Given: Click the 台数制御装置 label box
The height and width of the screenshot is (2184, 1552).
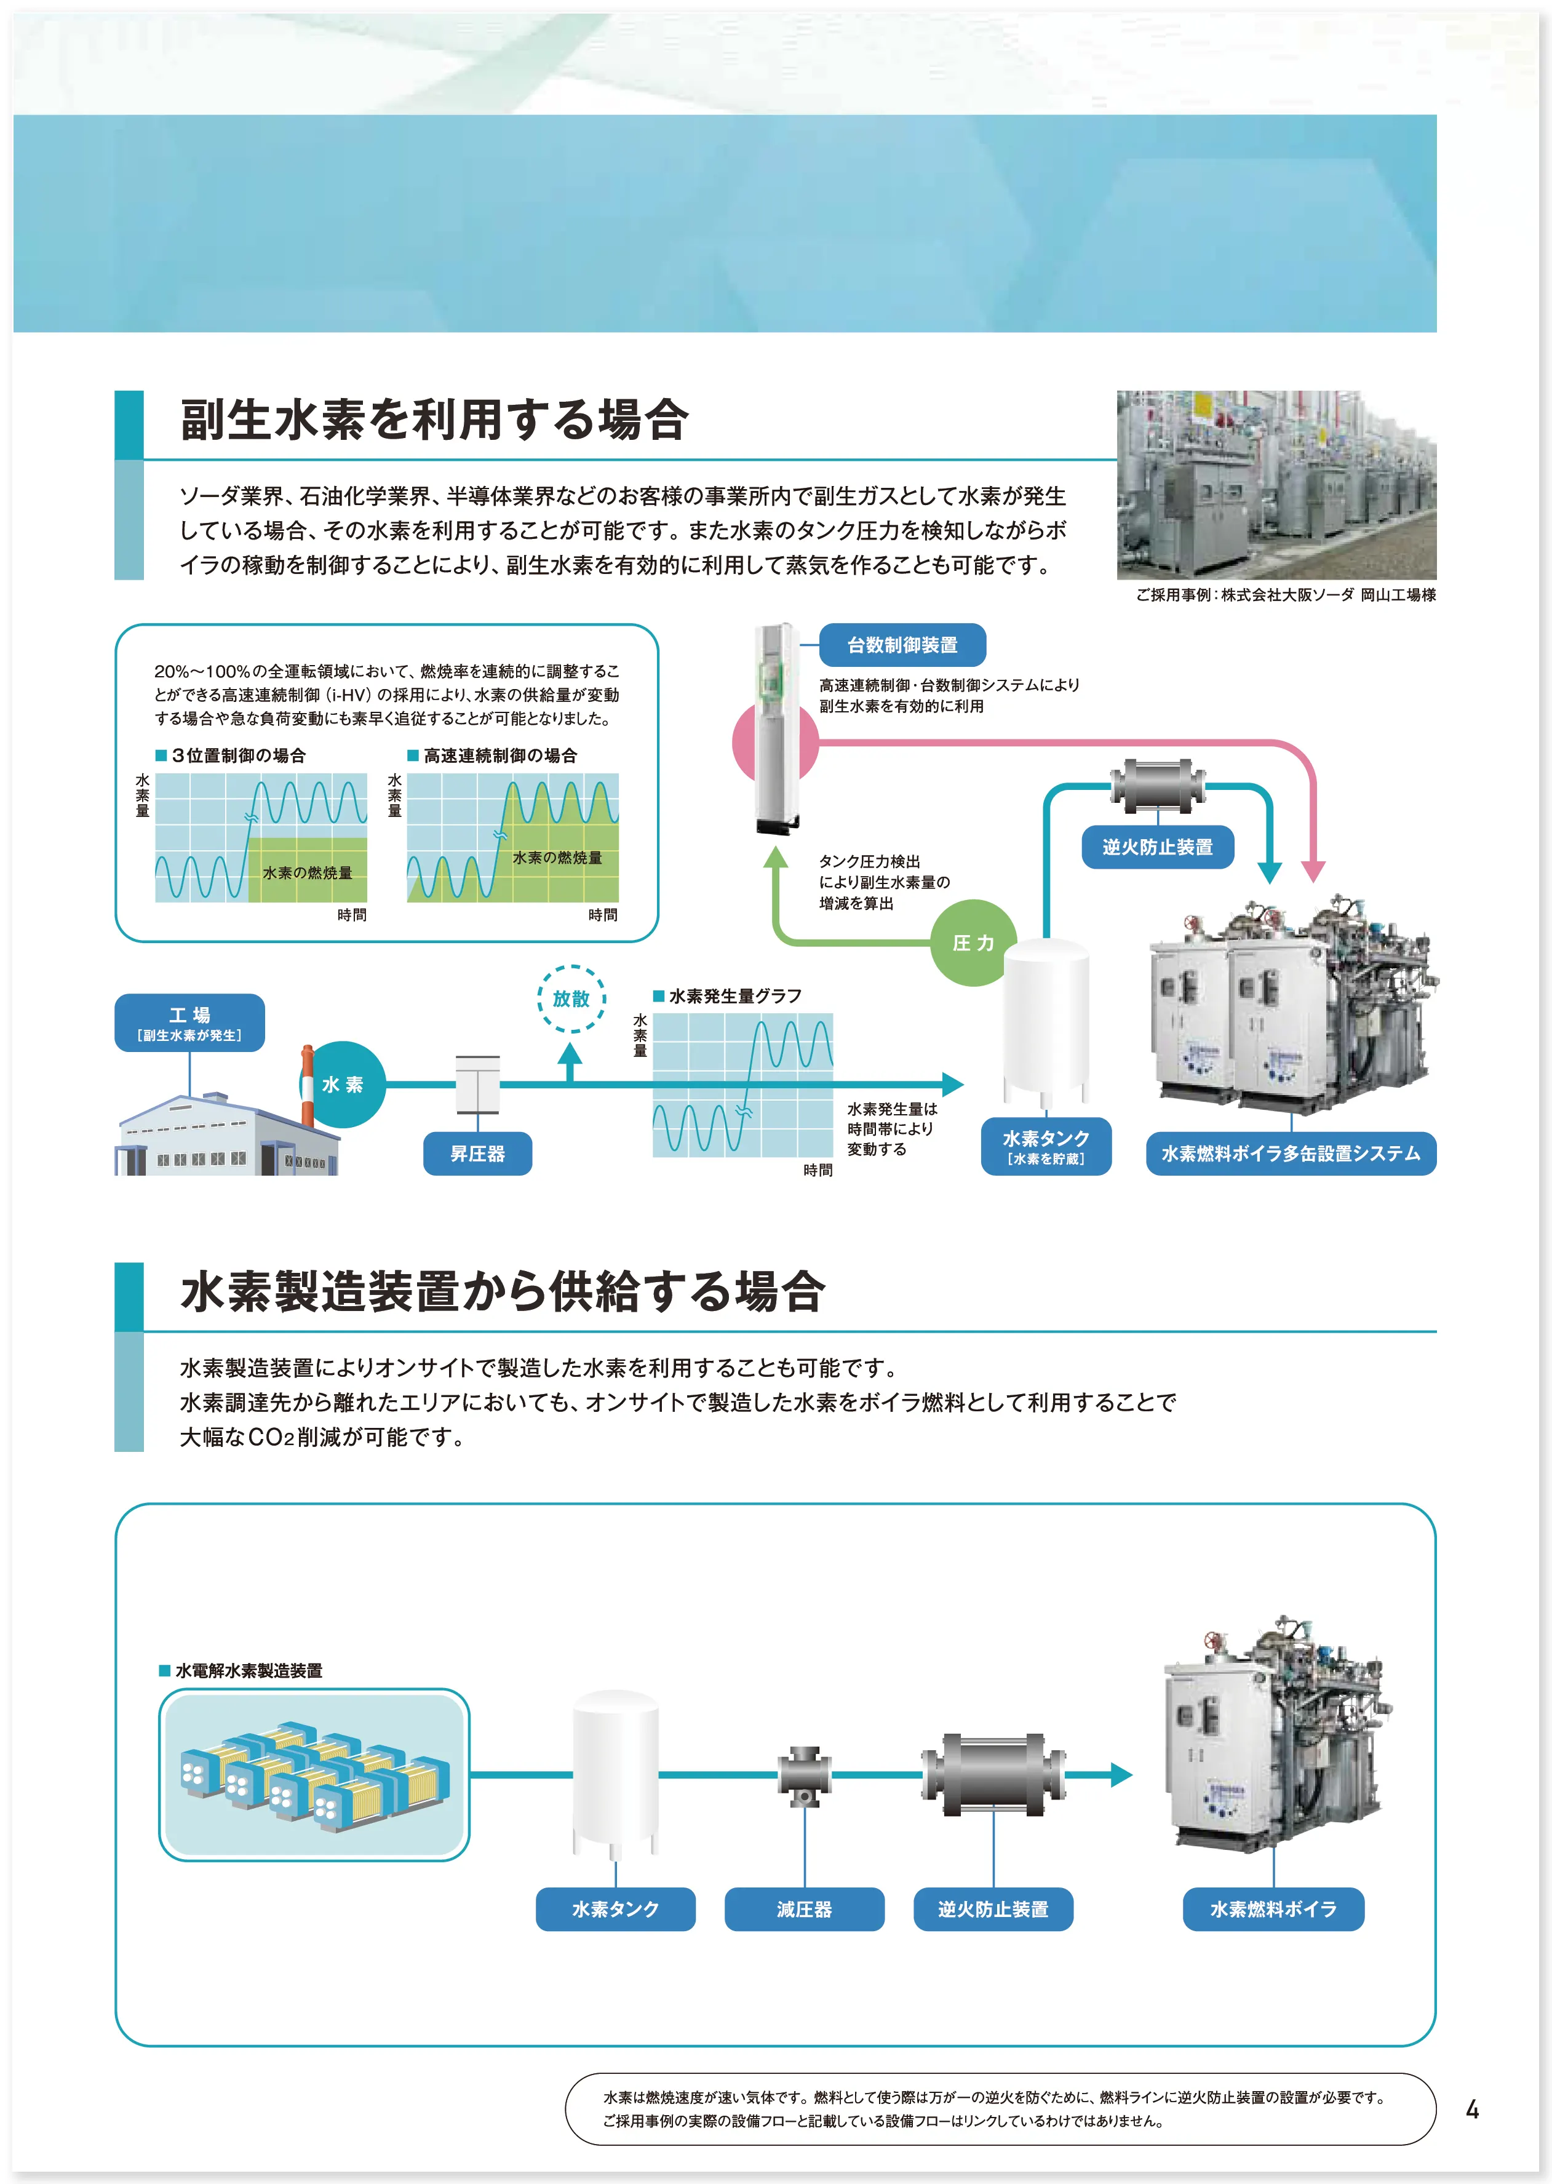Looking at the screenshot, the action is tap(902, 645).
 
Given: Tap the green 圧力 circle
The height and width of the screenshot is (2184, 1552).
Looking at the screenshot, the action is tap(973, 943).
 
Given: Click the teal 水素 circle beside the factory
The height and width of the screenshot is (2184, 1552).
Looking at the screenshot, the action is tap(342, 1085).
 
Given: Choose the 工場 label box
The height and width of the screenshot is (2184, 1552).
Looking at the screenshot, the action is tap(189, 1022).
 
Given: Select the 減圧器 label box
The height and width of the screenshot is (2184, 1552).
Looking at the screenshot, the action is tap(804, 1909).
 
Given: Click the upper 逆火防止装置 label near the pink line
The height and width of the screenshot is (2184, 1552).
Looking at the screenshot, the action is tap(1157, 847).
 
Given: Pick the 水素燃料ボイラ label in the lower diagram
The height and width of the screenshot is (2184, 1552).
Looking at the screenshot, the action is tap(1273, 1909).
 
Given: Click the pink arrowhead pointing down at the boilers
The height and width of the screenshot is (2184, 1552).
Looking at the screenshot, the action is tap(1314, 871).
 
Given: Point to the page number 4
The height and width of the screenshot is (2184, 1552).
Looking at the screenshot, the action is tap(1471, 2110).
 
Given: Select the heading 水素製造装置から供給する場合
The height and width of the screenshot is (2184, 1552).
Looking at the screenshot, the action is tap(502, 1291).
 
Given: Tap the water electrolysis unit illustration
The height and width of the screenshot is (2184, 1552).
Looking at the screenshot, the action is tap(314, 1774).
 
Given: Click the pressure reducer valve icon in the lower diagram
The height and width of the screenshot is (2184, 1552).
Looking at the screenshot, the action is tap(804, 1776).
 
